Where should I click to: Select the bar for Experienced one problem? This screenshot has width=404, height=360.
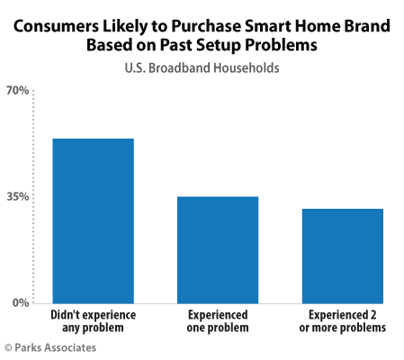click(218, 249)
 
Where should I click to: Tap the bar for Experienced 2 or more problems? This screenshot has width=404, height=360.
click(342, 256)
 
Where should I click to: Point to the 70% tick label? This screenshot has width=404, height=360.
click(19, 90)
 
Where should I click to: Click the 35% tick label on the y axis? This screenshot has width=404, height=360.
click(19, 196)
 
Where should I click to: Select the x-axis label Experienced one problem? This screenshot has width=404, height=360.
click(218, 321)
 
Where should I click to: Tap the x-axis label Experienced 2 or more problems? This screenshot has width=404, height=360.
click(342, 321)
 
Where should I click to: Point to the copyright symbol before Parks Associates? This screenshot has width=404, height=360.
click(8, 346)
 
